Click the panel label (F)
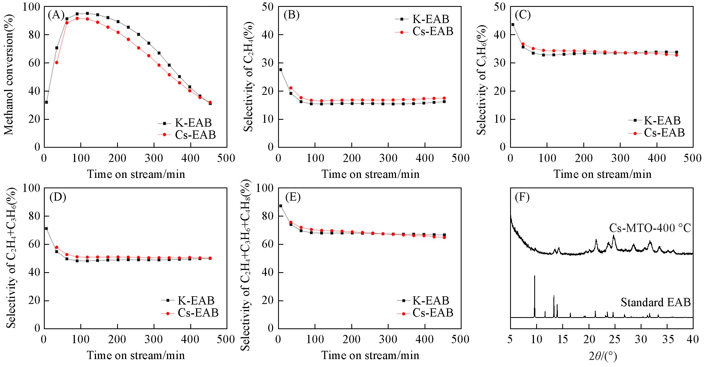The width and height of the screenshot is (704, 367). pos(522,197)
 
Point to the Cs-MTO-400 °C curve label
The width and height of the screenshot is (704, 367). pos(650,228)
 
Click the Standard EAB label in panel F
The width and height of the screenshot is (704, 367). pos(655,302)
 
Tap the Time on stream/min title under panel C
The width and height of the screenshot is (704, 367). pos(602,174)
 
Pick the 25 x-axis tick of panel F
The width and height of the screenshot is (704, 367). pos(615,339)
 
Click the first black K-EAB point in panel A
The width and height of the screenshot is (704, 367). pos(46,102)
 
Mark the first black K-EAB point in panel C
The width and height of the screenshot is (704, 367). pos(513,24)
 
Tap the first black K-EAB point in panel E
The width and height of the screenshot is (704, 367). pos(281,206)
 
